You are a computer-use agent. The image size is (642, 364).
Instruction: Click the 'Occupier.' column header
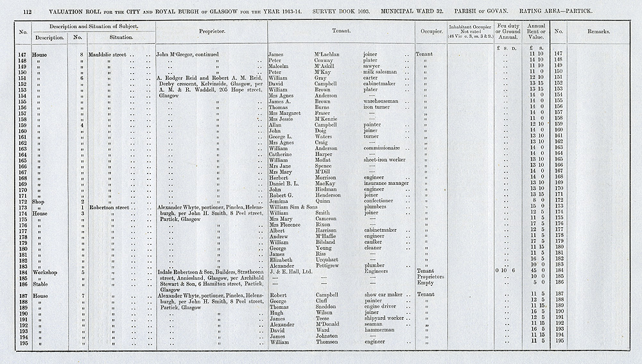click(429, 31)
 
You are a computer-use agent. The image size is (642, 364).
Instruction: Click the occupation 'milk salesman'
click(382, 73)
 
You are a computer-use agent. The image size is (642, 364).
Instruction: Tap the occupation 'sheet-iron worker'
click(385, 159)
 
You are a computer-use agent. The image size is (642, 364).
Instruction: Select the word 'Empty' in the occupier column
click(424, 283)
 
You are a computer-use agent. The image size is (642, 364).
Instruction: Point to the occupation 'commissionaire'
click(386, 146)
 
